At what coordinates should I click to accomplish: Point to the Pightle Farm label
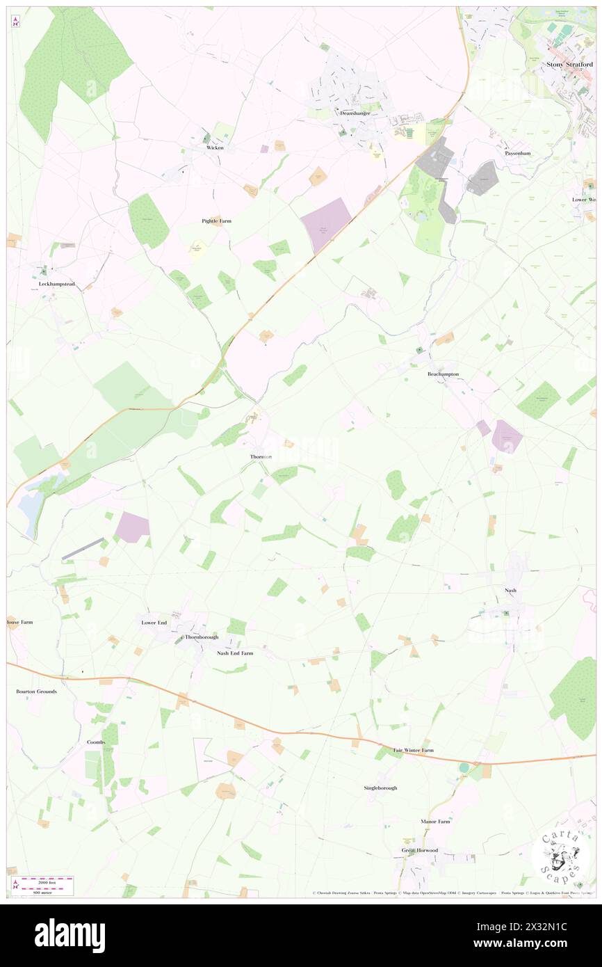pyautogui.click(x=211, y=221)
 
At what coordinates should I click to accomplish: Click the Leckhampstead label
pyautogui.click(x=56, y=285)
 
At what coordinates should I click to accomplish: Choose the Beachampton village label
pyautogui.click(x=443, y=374)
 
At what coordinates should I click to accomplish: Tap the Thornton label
pyautogui.click(x=261, y=457)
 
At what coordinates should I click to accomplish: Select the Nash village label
pyautogui.click(x=510, y=590)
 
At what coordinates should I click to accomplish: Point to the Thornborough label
pyautogui.click(x=202, y=637)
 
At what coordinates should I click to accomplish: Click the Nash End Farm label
pyautogui.click(x=235, y=653)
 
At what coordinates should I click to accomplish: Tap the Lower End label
pyautogui.click(x=154, y=623)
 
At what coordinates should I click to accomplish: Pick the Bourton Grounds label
pyautogui.click(x=36, y=692)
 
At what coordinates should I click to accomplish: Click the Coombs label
pyautogui.click(x=96, y=742)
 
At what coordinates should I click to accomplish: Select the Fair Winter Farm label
pyautogui.click(x=413, y=751)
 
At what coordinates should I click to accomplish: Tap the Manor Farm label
pyautogui.click(x=435, y=822)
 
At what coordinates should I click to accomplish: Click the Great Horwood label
pyautogui.click(x=419, y=850)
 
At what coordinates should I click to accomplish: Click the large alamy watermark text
pyautogui.click(x=70, y=936)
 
